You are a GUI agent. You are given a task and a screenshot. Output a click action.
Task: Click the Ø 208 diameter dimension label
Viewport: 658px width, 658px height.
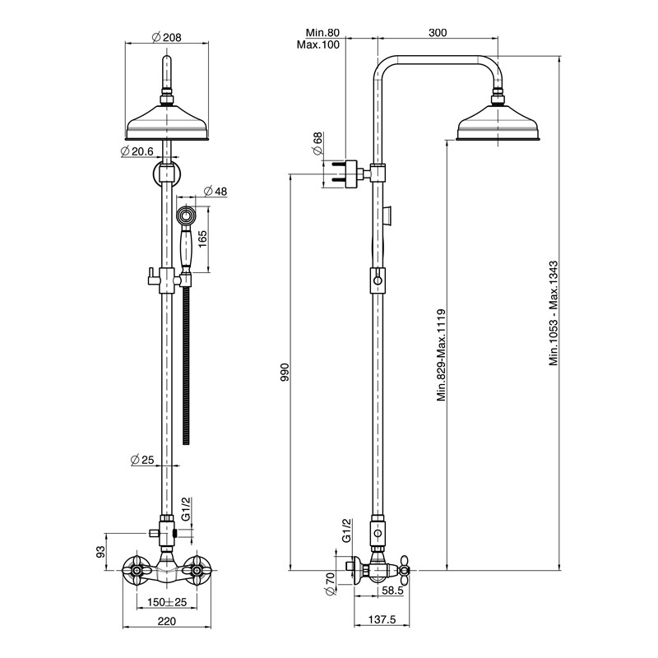167,37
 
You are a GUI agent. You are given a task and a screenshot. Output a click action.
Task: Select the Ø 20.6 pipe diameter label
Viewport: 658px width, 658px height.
137,151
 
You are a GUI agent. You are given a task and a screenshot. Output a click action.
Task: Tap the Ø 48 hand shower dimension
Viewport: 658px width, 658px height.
215,192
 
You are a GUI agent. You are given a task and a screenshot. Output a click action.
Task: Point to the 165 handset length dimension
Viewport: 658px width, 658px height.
202,239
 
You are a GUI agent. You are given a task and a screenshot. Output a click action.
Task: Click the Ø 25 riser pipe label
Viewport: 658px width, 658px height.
142,460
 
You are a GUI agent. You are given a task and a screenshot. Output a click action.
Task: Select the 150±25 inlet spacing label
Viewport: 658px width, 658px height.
167,602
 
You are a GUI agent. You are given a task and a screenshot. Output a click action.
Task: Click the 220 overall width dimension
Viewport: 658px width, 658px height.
167,621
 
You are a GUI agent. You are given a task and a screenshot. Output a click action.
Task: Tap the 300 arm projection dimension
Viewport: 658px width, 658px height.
438,32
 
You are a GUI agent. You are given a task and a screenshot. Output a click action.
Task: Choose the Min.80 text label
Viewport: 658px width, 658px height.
322,32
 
